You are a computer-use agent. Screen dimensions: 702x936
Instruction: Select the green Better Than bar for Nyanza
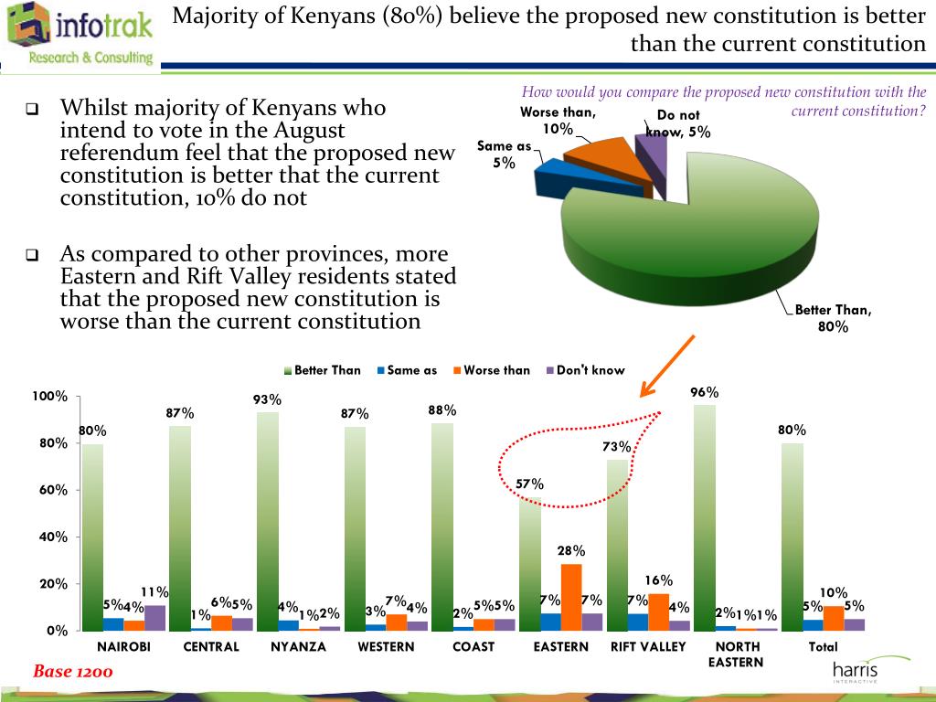[267, 521]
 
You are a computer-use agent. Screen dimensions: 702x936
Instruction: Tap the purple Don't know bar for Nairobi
[154, 618]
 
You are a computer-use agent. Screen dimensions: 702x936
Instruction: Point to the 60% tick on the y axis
[53, 490]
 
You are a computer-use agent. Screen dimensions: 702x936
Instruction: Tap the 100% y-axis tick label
[49, 396]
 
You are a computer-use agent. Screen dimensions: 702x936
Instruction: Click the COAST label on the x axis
[473, 646]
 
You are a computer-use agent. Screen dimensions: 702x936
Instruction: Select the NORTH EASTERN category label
[736, 654]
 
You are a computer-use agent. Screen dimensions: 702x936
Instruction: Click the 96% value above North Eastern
[705, 393]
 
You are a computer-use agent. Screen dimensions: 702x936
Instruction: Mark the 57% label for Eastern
[530, 484]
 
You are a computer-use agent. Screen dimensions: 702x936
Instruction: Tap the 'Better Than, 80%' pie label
[833, 318]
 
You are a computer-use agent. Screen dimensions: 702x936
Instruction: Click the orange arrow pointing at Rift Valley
[667, 366]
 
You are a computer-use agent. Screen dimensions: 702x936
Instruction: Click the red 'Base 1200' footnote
[73, 672]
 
